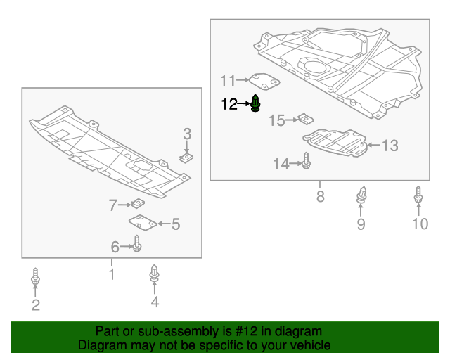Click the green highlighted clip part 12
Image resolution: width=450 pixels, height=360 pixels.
pos(256,103)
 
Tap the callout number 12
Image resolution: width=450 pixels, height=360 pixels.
pos(229,105)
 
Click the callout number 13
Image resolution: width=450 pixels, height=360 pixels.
pos(390,146)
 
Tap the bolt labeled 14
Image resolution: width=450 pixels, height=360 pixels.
pos(307,162)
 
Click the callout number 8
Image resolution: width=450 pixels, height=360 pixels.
pos(321,197)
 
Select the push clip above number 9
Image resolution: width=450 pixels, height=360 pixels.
pos(361,195)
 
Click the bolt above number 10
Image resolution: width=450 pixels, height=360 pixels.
pos(418,198)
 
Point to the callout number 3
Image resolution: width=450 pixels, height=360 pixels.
pos(187,134)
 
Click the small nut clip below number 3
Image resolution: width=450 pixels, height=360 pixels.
pos(187,158)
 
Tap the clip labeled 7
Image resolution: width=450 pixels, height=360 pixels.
pos(139,204)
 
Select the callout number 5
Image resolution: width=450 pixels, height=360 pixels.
pos(176,224)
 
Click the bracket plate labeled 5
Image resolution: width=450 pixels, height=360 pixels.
pos(143,223)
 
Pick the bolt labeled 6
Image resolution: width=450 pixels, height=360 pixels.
pos(138,245)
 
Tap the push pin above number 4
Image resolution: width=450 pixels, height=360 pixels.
pos(154,274)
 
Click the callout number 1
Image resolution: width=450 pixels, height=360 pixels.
pos(111,274)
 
